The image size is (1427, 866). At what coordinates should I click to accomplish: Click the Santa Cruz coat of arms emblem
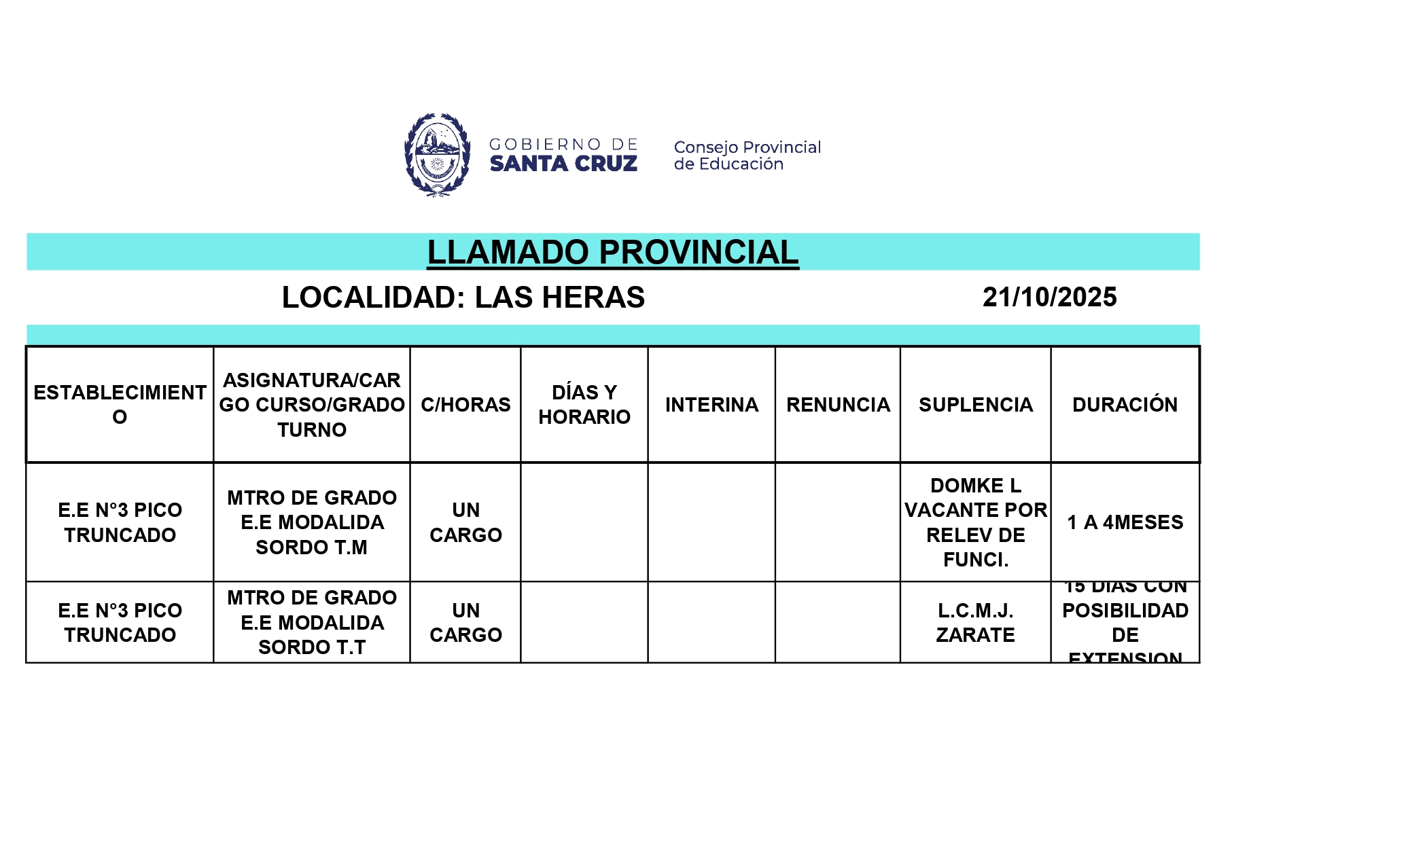[x=437, y=155]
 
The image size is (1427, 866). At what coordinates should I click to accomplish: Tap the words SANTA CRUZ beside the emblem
[x=563, y=164]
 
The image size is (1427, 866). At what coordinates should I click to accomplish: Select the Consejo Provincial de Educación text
[x=747, y=156]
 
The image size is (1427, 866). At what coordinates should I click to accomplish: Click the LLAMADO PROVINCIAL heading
[x=612, y=252]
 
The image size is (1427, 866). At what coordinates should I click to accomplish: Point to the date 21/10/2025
[x=1049, y=297]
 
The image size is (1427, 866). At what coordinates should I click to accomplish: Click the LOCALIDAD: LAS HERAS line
[x=463, y=297]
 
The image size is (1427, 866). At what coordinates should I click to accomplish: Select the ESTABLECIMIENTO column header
[x=120, y=404]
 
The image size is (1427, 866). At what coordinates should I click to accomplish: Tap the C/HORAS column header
[x=465, y=405]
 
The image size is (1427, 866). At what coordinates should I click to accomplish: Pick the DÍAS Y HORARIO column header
[x=584, y=404]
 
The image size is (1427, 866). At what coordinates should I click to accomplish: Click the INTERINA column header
[x=711, y=405]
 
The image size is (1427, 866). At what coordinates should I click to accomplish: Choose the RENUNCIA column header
[x=838, y=405]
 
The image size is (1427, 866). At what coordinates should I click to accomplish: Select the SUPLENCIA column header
[x=976, y=405]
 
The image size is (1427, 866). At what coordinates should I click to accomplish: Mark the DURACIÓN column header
[x=1125, y=405]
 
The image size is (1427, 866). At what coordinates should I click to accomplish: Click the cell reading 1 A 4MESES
[x=1125, y=522]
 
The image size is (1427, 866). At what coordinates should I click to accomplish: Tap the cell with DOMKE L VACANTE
[x=976, y=522]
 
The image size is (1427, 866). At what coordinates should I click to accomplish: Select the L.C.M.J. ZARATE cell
[x=976, y=622]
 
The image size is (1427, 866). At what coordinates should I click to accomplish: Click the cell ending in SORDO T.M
[x=312, y=522]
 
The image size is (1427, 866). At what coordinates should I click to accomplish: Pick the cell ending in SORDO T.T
[x=312, y=622]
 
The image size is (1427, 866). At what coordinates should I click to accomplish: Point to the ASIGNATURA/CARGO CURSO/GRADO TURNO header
[x=312, y=405]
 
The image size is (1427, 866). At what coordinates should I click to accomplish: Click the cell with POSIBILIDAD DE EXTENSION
[x=1125, y=622]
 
